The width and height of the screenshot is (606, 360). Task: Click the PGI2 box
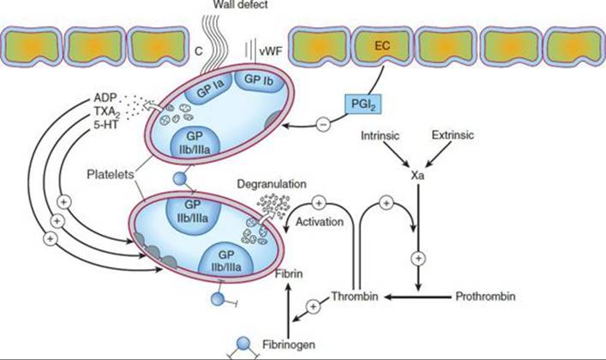click(x=363, y=104)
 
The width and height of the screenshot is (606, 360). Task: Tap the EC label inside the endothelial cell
click(x=382, y=46)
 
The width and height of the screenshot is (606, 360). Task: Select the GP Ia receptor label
click(x=210, y=88)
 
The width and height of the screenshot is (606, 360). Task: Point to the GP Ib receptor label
click(x=259, y=80)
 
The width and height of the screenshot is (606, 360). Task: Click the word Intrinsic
click(x=380, y=135)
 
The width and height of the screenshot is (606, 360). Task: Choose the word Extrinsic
click(x=453, y=135)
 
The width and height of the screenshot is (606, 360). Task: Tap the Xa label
click(x=417, y=175)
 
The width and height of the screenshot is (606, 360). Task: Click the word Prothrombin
click(x=485, y=297)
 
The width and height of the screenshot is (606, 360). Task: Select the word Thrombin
click(x=354, y=297)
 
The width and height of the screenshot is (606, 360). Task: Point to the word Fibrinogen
click(x=288, y=345)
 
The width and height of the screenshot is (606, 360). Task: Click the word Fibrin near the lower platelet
click(x=289, y=273)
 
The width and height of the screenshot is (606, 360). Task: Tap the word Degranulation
click(x=272, y=184)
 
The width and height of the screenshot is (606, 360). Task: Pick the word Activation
click(x=319, y=222)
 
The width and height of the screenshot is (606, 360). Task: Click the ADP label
click(x=105, y=98)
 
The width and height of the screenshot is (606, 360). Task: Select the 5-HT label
click(x=106, y=125)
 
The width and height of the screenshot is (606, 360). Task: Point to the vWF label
click(x=271, y=51)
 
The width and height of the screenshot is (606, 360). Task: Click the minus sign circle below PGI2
click(x=323, y=124)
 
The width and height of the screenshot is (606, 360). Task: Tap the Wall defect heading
click(x=240, y=4)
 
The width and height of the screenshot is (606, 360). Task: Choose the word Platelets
click(x=111, y=174)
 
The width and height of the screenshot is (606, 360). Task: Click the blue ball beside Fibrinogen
click(x=243, y=343)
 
